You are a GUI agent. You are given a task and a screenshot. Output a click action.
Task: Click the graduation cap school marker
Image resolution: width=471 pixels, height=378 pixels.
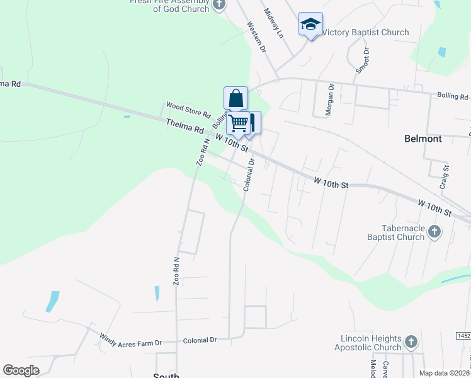pyautogui.click(x=310, y=25)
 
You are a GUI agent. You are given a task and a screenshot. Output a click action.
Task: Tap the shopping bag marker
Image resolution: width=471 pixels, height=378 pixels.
pyautogui.click(x=235, y=99)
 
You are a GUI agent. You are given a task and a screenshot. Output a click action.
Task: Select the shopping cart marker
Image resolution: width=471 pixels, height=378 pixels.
pyautogui.click(x=239, y=123)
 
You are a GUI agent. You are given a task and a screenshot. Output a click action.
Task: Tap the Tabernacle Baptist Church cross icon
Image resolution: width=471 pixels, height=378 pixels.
pyautogui.click(x=434, y=232)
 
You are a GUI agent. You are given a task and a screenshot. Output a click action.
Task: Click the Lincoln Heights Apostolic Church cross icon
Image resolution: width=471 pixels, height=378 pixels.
pyautogui.click(x=411, y=342)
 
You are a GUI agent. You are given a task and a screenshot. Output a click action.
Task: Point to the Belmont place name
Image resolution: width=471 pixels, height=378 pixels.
pyautogui.click(x=423, y=138)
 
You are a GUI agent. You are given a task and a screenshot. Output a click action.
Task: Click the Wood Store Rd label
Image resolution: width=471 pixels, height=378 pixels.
pyautogui.click(x=188, y=109)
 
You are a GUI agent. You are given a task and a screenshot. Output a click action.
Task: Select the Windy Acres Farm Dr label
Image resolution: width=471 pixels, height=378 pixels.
pyautogui.click(x=130, y=340)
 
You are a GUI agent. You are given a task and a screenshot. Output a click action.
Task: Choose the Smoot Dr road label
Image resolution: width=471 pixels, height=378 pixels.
pyautogui.click(x=362, y=60)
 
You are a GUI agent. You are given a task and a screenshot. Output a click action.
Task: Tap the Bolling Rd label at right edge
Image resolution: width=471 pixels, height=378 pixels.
pyautogui.click(x=453, y=96)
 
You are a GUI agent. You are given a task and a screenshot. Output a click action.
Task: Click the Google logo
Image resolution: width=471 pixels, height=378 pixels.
pyautogui.click(x=21, y=370)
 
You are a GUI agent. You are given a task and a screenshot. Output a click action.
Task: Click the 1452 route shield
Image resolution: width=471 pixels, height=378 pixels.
pyautogui.click(x=463, y=336)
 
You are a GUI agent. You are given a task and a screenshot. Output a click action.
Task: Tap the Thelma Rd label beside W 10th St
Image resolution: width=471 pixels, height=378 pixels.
pyautogui.click(x=184, y=126)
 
